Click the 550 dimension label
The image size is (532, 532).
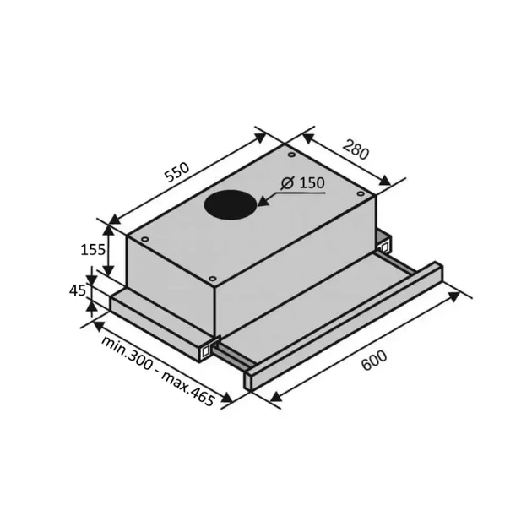pyautogui.click(x=176, y=172)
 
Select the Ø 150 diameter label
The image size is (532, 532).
pyautogui.click(x=303, y=183)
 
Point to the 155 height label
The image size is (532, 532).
pyautogui.click(x=93, y=250)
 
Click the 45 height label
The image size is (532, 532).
pyautogui.click(x=78, y=290)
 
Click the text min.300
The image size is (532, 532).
pyautogui.click(x=126, y=353)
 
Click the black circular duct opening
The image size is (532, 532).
pyautogui.click(x=231, y=206)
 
